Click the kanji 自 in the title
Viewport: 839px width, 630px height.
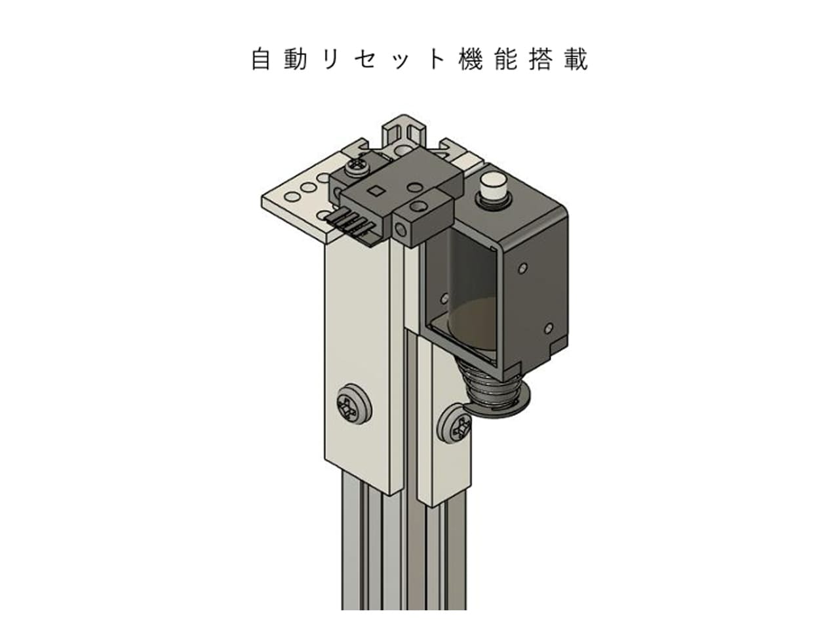click(261, 59)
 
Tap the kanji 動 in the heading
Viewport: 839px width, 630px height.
click(296, 59)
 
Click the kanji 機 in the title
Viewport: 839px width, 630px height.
click(471, 59)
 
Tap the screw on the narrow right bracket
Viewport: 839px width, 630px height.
click(456, 427)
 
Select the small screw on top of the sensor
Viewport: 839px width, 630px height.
click(359, 167)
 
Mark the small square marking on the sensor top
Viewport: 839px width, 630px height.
click(377, 191)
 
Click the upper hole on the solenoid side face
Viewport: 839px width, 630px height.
click(522, 269)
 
